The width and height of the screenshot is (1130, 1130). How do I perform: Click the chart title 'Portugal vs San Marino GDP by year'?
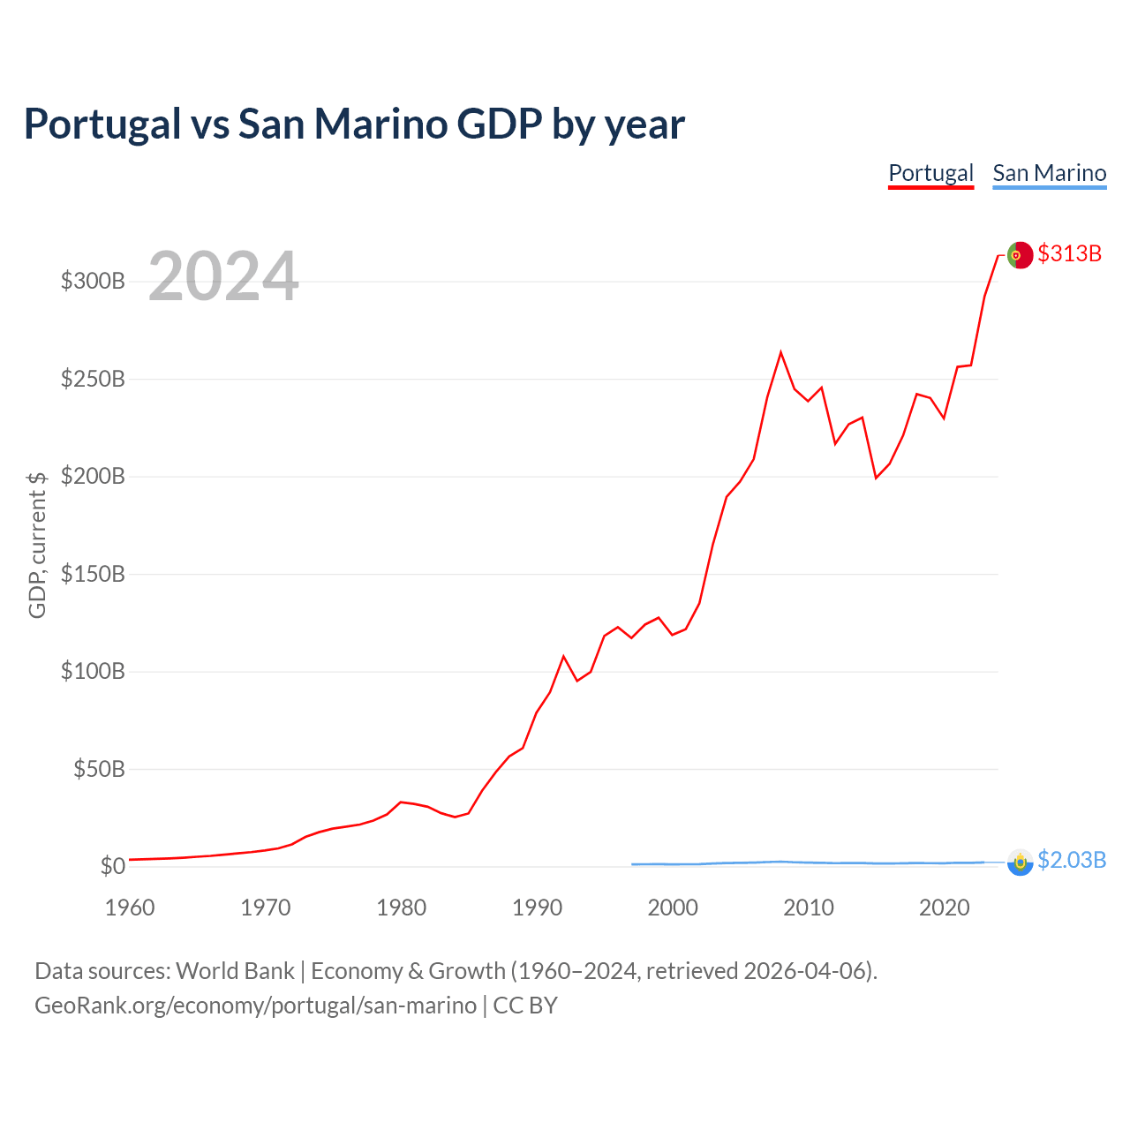point(354,124)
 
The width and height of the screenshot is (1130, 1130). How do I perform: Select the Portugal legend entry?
point(930,173)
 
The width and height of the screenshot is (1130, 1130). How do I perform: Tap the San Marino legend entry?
point(1049,173)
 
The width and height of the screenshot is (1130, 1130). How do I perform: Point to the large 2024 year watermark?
point(223,276)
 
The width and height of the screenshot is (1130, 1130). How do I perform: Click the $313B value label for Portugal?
point(1069,253)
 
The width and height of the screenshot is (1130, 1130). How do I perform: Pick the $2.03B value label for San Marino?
point(1071,860)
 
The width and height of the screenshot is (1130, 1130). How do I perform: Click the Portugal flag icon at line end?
point(1020,254)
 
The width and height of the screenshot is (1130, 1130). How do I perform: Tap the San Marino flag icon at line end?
point(1020,862)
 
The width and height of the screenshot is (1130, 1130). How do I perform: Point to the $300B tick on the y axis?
point(93,282)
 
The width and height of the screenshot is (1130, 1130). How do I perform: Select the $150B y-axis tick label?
point(93,574)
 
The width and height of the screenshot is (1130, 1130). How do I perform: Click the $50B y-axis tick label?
point(98,769)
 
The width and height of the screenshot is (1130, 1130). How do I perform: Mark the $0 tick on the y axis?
point(112,866)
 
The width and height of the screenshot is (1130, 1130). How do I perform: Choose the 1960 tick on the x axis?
point(130,908)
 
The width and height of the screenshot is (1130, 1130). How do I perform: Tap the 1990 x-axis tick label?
point(537,908)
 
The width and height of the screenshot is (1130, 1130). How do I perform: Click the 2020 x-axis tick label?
point(944,908)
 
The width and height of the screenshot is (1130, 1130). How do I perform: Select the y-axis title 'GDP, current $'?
point(37,545)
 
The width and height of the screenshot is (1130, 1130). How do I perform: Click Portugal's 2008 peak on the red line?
point(780,352)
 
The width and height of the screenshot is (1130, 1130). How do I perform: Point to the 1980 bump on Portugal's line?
point(401,802)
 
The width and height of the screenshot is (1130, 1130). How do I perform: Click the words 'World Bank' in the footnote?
point(235,971)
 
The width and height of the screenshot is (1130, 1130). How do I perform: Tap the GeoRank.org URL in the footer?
point(255,1006)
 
